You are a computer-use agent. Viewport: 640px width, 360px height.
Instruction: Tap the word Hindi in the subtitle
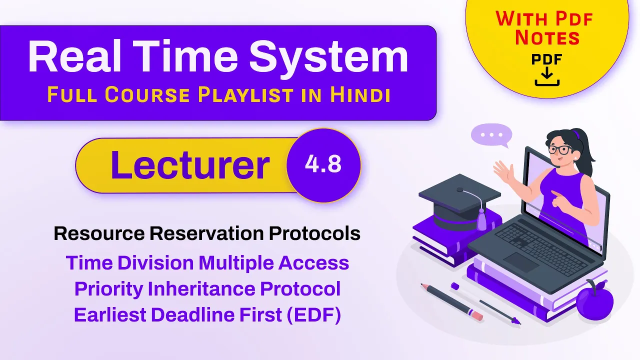click(360, 94)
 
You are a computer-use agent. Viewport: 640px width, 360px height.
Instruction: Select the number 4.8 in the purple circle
click(323, 164)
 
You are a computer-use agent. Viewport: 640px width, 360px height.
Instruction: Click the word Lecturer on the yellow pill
click(190, 165)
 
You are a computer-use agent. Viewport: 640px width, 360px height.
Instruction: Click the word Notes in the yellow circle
click(547, 38)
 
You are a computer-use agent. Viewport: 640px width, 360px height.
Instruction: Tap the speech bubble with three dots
click(491, 135)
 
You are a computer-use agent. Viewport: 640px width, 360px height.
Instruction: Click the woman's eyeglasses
click(559, 149)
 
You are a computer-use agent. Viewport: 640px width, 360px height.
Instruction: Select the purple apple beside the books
click(594, 300)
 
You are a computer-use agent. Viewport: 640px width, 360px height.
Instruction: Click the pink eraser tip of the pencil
click(476, 315)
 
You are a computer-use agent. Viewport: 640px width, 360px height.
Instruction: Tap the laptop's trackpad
click(521, 262)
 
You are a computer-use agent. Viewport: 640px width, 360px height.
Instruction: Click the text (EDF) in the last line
click(314, 315)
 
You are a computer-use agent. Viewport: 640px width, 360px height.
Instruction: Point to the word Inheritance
click(201, 288)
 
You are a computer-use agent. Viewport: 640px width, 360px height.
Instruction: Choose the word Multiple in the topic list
click(236, 263)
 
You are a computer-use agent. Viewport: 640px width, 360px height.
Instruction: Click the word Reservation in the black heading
click(206, 233)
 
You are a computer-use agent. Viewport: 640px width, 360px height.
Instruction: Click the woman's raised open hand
click(503, 171)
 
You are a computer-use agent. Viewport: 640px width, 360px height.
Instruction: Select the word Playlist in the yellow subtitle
click(245, 95)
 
